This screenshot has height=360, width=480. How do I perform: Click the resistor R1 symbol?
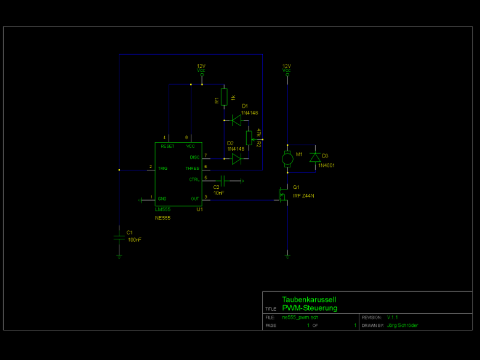224,97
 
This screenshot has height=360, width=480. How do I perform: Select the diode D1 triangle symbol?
236,120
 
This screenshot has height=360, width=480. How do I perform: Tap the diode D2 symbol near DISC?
236,159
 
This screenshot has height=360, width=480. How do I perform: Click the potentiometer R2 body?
249,137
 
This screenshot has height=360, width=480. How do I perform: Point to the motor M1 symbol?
287,158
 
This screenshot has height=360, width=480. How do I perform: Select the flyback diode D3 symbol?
314,158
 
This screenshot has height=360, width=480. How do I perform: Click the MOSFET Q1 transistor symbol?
282,197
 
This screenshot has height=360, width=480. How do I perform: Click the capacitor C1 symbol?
119,236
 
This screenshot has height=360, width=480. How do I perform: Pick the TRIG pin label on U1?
162,168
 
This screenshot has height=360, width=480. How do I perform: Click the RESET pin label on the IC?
167,146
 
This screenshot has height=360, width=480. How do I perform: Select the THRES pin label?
193,168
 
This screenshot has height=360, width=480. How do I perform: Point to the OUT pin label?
194,198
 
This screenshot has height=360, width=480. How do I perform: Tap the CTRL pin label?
194,180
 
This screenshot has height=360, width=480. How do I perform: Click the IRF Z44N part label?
304,196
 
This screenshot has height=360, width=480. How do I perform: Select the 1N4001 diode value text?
326,165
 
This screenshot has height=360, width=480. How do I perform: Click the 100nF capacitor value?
134,240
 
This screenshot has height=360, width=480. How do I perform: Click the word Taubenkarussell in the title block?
309,300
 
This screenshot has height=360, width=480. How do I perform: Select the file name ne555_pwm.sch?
300,317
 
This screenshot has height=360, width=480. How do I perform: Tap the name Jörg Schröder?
402,325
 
